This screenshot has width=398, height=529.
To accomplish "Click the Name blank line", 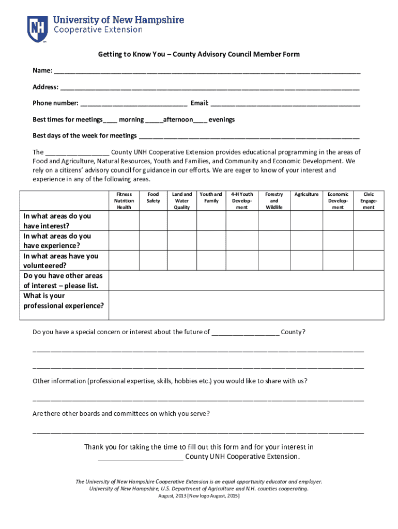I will pyautogui.click(x=207, y=71).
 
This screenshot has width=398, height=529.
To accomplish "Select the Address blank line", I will pyautogui.click(x=209, y=88).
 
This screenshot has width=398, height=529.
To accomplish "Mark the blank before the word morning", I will pyautogui.click(x=110, y=120).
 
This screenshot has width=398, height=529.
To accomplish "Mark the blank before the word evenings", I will pyautogui.click(x=201, y=120).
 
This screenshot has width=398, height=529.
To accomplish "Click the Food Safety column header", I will pyautogui.click(x=153, y=197).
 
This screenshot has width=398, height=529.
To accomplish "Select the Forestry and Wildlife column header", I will pyautogui.click(x=274, y=200).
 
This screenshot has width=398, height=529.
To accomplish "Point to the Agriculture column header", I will pyautogui.click(x=307, y=195).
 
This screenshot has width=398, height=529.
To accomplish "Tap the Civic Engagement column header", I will pyautogui.click(x=368, y=200).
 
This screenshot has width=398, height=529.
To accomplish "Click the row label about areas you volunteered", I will pyautogui.click(x=61, y=261).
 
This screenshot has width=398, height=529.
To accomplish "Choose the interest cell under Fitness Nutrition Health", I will pyautogui.click(x=124, y=221).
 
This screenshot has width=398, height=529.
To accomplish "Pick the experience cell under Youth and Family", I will pyautogui.click(x=211, y=241).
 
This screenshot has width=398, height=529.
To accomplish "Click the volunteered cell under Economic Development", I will pyautogui.click(x=338, y=261).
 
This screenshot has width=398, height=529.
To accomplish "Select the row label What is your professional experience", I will pyautogui.click(x=63, y=301).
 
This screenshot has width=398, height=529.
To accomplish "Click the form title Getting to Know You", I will pyautogui.click(x=199, y=54).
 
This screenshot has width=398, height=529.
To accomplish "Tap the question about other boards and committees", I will pyautogui.click(x=121, y=414).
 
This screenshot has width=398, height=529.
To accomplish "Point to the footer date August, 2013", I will pyautogui.click(x=198, y=495).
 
